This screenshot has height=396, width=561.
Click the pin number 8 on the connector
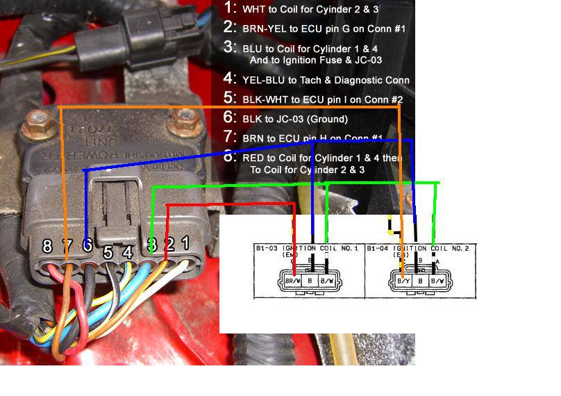pyautogui.click(x=47, y=246)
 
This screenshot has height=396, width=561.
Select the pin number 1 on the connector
pyautogui.click(x=185, y=243)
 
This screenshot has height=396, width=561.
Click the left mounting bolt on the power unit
pyautogui.click(x=34, y=126)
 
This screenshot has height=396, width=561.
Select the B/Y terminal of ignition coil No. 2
pyautogui.click(x=403, y=281)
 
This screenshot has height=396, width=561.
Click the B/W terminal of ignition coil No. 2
pyautogui.click(x=437, y=281)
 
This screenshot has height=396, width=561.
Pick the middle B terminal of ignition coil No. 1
pyautogui.click(x=312, y=281)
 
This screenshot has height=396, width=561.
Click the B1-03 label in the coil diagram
pyautogui.click(x=266, y=248)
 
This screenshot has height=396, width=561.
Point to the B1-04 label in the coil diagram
pyautogui.click(x=377, y=248)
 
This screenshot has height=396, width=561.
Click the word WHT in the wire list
pyautogui.click(x=253, y=10)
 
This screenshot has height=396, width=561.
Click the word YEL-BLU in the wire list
pyautogui.click(x=261, y=80)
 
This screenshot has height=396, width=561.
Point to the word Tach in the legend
pyautogui.click(x=320, y=80)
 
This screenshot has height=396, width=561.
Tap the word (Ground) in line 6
pyautogui.click(x=326, y=119)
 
